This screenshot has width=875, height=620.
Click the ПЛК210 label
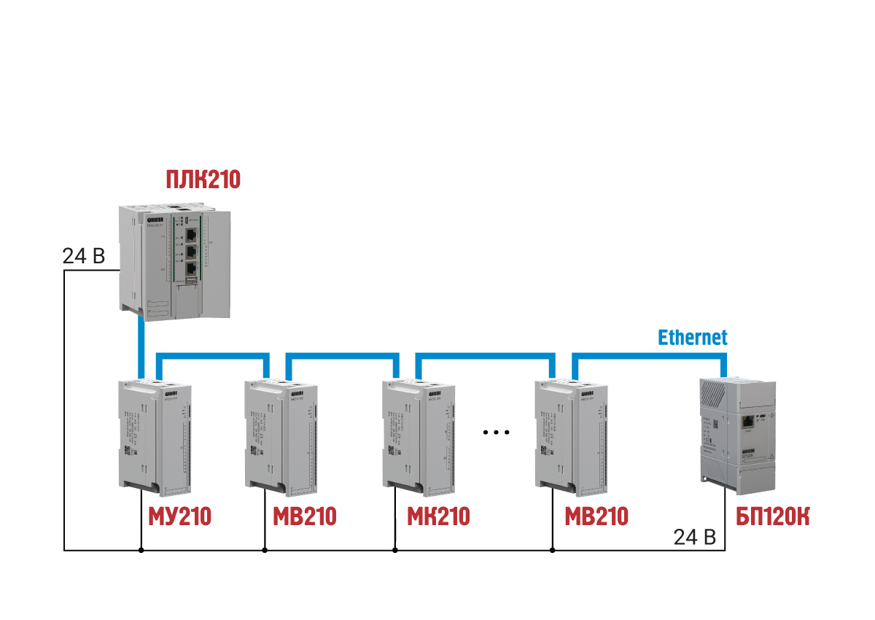click(203, 179)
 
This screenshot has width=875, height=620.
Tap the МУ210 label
click(179, 516)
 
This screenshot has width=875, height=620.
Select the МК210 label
click(438, 516)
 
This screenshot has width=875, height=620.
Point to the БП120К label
click(772, 516)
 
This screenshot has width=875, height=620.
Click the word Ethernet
click(693, 338)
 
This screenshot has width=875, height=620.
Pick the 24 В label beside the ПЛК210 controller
click(84, 257)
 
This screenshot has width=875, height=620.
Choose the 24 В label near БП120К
click(694, 538)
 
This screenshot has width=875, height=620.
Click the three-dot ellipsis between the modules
click(496, 433)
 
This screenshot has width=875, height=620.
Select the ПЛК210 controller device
click(175, 261)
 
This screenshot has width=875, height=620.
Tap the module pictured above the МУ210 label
click(154, 433)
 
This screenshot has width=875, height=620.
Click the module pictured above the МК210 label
click(419, 433)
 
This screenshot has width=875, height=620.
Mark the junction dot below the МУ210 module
click(141, 550)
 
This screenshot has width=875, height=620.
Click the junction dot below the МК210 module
click(395, 550)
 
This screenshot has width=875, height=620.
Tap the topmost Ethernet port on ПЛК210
click(191, 235)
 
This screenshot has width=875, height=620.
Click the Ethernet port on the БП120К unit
click(748, 422)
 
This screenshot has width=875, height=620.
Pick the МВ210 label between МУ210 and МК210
click(305, 516)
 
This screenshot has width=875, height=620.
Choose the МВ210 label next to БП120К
click(596, 516)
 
